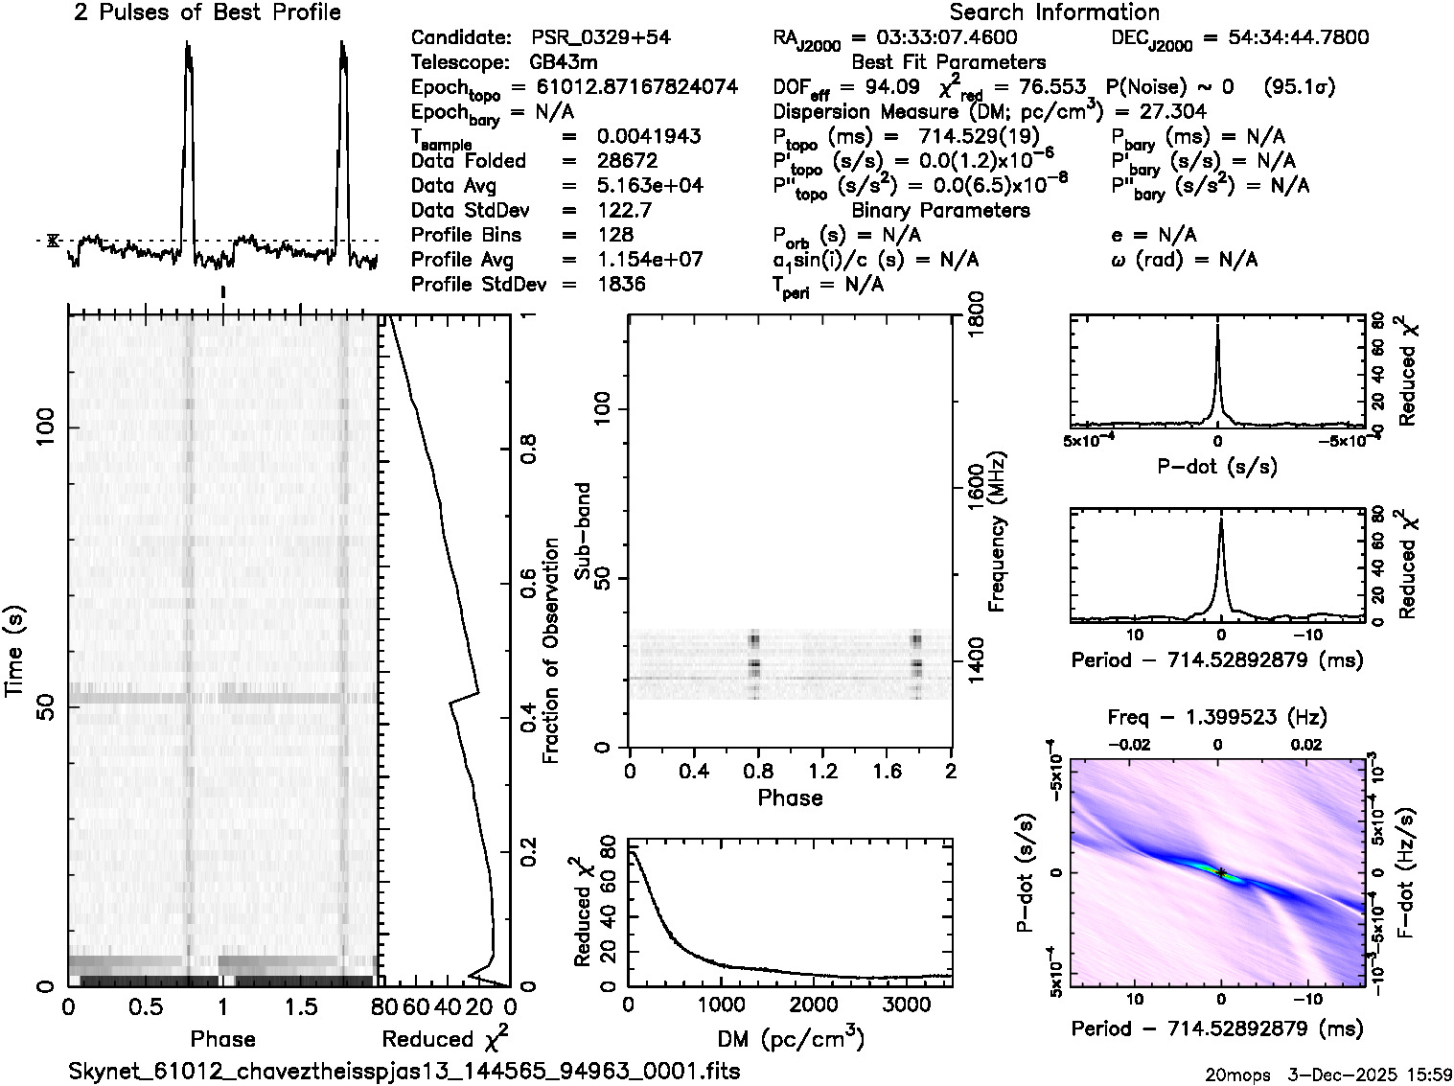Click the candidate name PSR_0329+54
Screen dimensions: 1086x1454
point(601,38)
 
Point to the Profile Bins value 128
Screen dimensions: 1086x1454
point(614,235)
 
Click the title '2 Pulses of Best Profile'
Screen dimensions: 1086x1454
point(207,12)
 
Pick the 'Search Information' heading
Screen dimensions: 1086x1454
point(1054,12)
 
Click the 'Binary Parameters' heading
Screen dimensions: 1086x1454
point(940,210)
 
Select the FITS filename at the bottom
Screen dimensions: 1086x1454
point(404,1071)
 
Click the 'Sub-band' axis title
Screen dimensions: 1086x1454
point(583,531)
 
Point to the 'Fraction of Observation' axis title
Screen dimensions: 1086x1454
point(551,651)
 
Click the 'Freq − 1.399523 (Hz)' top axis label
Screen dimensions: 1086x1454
point(1217,717)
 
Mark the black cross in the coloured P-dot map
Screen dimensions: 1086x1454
point(1221,871)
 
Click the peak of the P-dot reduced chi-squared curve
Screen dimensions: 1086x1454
point(1217,326)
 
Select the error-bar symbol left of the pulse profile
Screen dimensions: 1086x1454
point(53,240)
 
